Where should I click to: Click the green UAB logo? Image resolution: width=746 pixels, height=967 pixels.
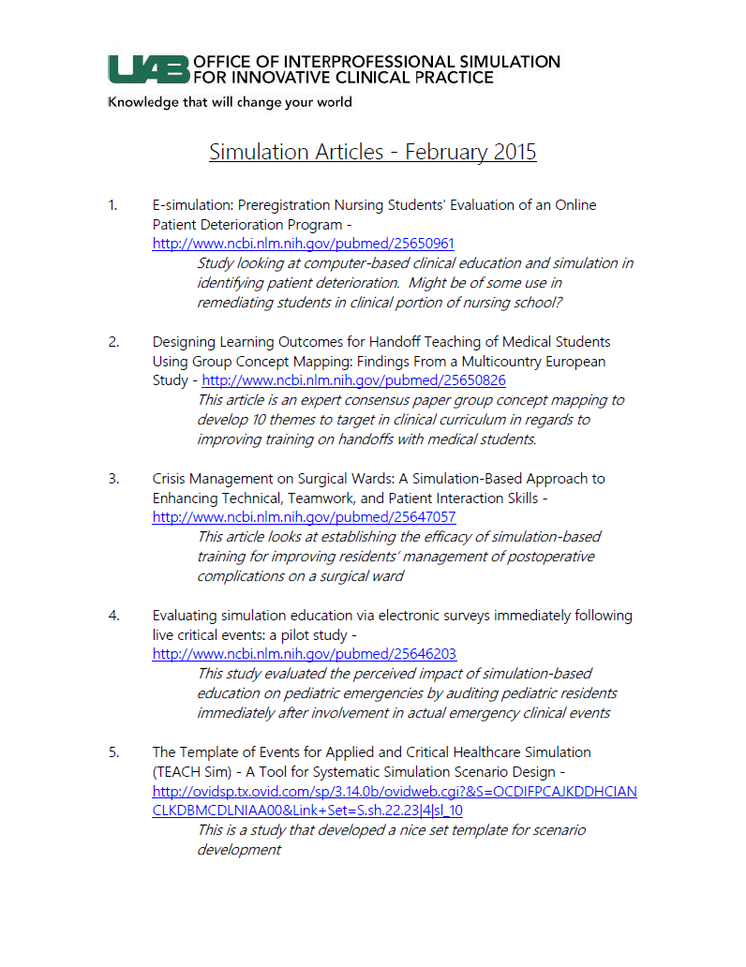(148, 69)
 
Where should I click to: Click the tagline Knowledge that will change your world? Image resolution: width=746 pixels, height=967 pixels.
(231, 102)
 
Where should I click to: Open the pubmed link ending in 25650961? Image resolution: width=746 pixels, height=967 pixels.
(304, 244)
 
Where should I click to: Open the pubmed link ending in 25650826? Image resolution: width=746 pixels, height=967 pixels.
(354, 380)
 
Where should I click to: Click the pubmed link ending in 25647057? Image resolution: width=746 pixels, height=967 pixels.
(304, 517)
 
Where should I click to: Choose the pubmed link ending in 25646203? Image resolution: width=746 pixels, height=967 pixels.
(304, 654)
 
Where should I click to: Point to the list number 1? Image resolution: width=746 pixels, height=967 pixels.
(112, 205)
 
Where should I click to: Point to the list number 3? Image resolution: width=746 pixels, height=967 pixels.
(112, 479)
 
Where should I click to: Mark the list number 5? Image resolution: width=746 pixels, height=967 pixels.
(112, 752)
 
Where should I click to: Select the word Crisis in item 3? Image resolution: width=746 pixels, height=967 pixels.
(172, 479)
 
